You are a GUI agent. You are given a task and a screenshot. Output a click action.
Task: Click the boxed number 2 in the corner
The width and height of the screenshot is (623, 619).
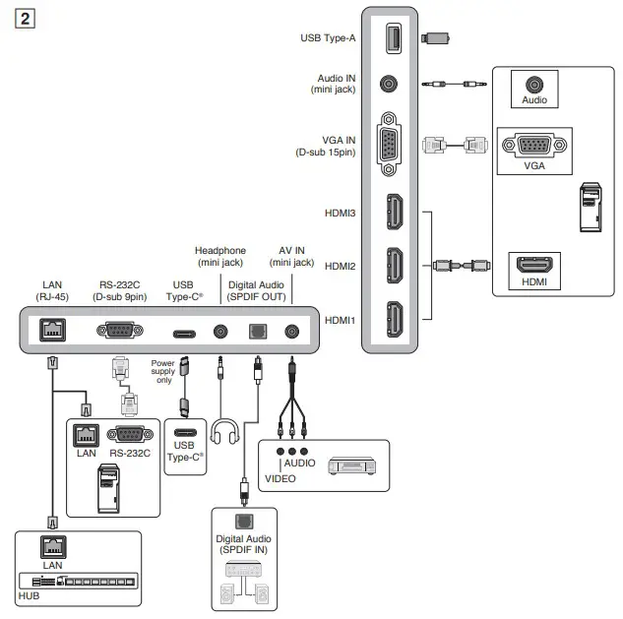[x=25, y=19]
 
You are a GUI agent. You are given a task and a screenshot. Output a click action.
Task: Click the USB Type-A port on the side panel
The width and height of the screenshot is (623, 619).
[x=394, y=38]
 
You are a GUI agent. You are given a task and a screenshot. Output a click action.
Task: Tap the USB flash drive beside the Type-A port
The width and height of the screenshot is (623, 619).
[x=435, y=38]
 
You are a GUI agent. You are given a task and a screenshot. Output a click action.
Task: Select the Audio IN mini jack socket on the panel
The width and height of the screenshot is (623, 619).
[x=389, y=84]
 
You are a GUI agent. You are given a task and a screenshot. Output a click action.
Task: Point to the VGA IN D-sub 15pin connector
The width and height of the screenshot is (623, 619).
[x=389, y=144]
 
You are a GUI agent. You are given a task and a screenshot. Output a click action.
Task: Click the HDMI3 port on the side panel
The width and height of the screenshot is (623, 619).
[x=395, y=212]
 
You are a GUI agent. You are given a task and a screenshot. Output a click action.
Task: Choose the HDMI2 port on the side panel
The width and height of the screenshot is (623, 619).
[x=395, y=266]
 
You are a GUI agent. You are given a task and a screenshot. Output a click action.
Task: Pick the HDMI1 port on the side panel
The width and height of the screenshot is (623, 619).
[x=395, y=319]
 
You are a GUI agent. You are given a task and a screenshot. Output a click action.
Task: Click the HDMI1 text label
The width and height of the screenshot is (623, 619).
[x=340, y=320]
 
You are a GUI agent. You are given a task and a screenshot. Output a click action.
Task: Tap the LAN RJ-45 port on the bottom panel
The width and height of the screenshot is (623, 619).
[x=52, y=330]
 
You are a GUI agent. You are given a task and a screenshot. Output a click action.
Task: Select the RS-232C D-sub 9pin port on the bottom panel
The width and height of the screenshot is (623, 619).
[x=120, y=330]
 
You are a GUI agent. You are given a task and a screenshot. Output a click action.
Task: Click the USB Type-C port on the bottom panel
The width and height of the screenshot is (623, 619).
[x=184, y=334]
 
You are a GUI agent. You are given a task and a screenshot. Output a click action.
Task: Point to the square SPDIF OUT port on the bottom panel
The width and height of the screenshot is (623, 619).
[x=258, y=332]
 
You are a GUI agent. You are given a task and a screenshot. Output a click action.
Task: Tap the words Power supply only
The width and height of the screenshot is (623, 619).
[x=163, y=371]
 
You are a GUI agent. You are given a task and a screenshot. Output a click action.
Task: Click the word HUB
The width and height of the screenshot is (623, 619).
[x=29, y=596]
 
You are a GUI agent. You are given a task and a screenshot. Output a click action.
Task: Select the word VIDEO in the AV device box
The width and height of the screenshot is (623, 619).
[x=280, y=478]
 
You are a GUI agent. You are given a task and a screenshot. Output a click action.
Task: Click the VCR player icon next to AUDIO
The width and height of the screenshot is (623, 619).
[x=352, y=466]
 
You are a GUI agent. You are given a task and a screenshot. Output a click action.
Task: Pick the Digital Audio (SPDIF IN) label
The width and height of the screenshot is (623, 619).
[x=243, y=544]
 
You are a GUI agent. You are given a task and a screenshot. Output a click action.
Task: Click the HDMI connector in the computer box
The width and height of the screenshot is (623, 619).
[x=534, y=264]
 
